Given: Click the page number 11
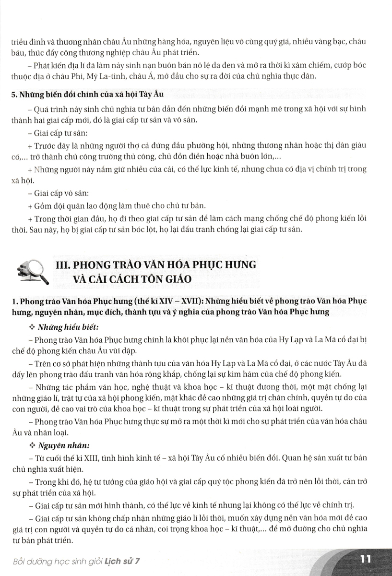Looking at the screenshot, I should point(365,560).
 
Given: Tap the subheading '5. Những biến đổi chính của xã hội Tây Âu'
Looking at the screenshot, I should point(76,95).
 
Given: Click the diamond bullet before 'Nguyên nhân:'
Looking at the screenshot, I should point(33,445).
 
